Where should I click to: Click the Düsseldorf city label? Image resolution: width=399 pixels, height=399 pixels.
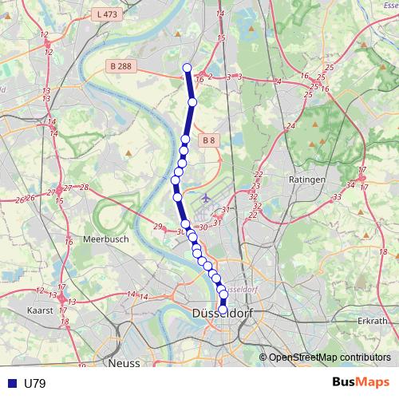223,314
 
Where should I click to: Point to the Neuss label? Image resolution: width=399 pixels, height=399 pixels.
123,362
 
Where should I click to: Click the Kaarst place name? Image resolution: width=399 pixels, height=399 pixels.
39,310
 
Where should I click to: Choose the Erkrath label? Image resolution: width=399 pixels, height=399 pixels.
372,320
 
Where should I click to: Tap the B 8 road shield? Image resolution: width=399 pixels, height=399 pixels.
208,140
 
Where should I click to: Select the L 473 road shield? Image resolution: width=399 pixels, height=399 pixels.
104,14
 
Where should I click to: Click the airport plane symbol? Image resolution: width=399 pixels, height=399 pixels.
207,196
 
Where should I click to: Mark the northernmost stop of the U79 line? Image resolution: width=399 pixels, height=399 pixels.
188,68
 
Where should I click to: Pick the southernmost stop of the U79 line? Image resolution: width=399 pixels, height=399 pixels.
223,310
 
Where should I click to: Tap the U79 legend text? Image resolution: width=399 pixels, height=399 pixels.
35,384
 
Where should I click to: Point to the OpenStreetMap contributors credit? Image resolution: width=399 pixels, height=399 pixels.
329,357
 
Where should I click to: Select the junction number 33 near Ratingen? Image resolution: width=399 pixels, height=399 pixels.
338,196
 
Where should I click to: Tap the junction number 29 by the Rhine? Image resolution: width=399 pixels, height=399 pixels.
158,226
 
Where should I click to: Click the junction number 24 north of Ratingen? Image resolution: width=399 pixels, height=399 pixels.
291,125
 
